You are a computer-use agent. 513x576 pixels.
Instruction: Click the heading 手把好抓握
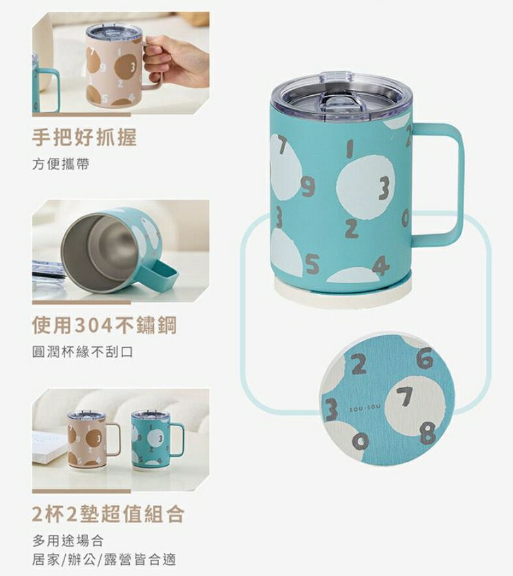tap(84, 138)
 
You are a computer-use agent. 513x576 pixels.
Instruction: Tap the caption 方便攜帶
tap(61, 164)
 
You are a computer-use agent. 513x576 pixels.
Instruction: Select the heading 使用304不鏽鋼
tap(104, 325)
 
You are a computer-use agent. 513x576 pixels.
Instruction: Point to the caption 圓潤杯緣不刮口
tap(82, 352)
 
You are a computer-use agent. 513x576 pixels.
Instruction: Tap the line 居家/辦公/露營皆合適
tap(104, 560)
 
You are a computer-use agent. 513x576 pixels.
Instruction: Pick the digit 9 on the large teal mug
tap(308, 188)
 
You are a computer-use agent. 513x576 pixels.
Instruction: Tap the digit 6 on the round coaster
tap(424, 358)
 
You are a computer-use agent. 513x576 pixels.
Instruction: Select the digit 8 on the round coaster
tap(427, 432)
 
